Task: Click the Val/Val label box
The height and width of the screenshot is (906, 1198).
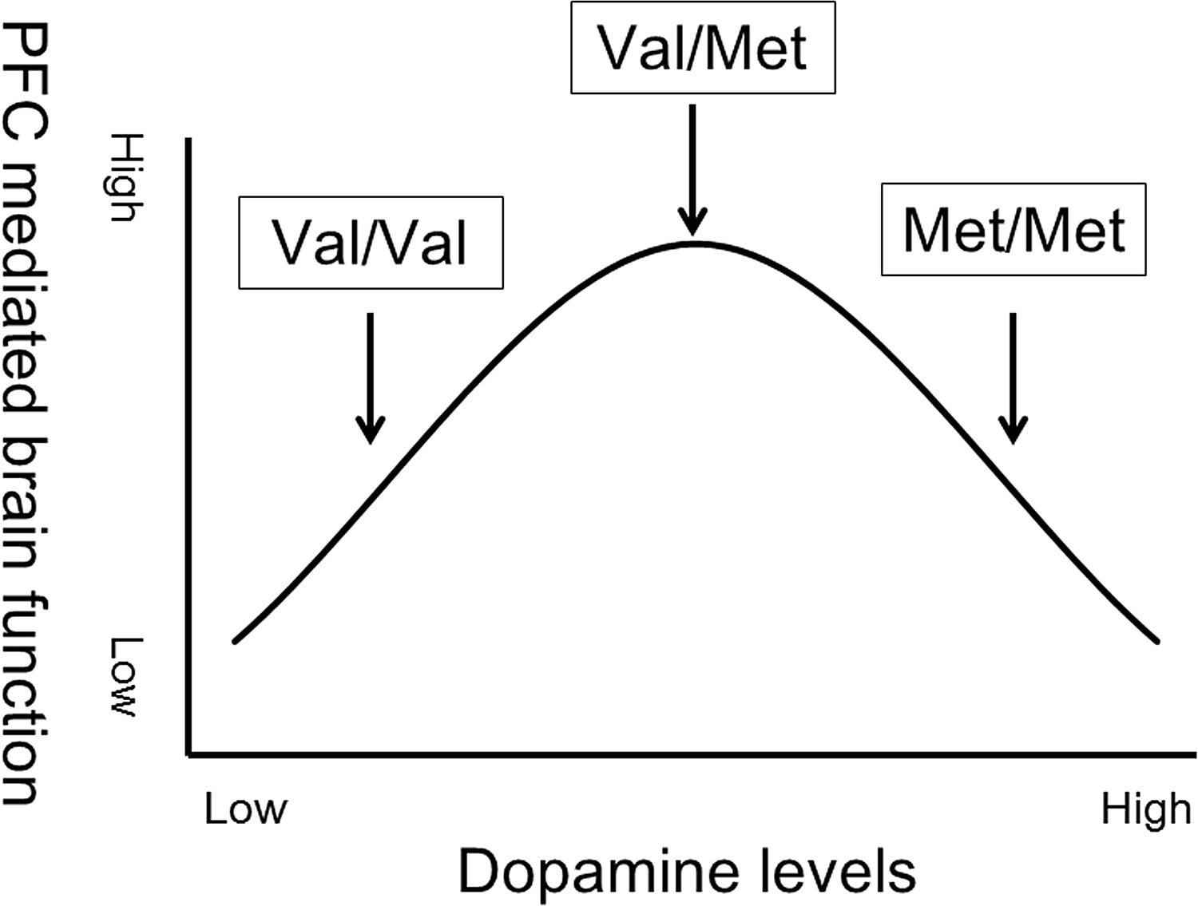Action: coord(371,243)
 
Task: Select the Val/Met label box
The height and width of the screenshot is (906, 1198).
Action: coord(703,48)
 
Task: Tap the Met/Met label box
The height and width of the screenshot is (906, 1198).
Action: coord(1014,230)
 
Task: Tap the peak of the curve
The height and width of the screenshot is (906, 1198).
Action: coord(696,243)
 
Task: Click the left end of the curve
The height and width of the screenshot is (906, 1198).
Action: coord(235,640)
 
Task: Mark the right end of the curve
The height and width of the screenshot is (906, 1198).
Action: coord(1156,640)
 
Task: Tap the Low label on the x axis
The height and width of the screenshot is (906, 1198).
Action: coord(245,809)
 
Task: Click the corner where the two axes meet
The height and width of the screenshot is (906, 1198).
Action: coord(188,752)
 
